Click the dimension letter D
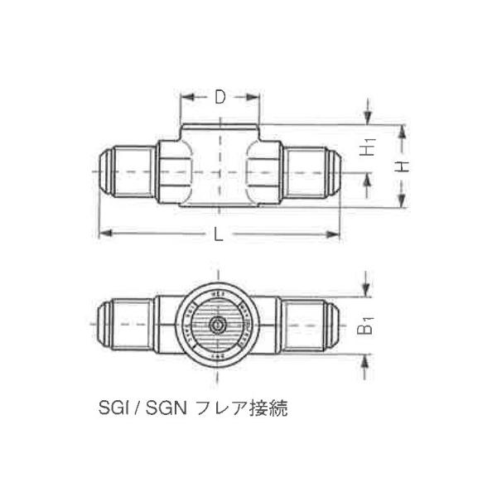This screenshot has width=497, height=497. tap(220, 97)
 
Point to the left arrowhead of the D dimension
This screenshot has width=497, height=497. tap(186, 97)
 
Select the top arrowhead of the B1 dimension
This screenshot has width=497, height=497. tap(365, 293)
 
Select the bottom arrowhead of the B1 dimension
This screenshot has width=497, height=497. tap(365, 357)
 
